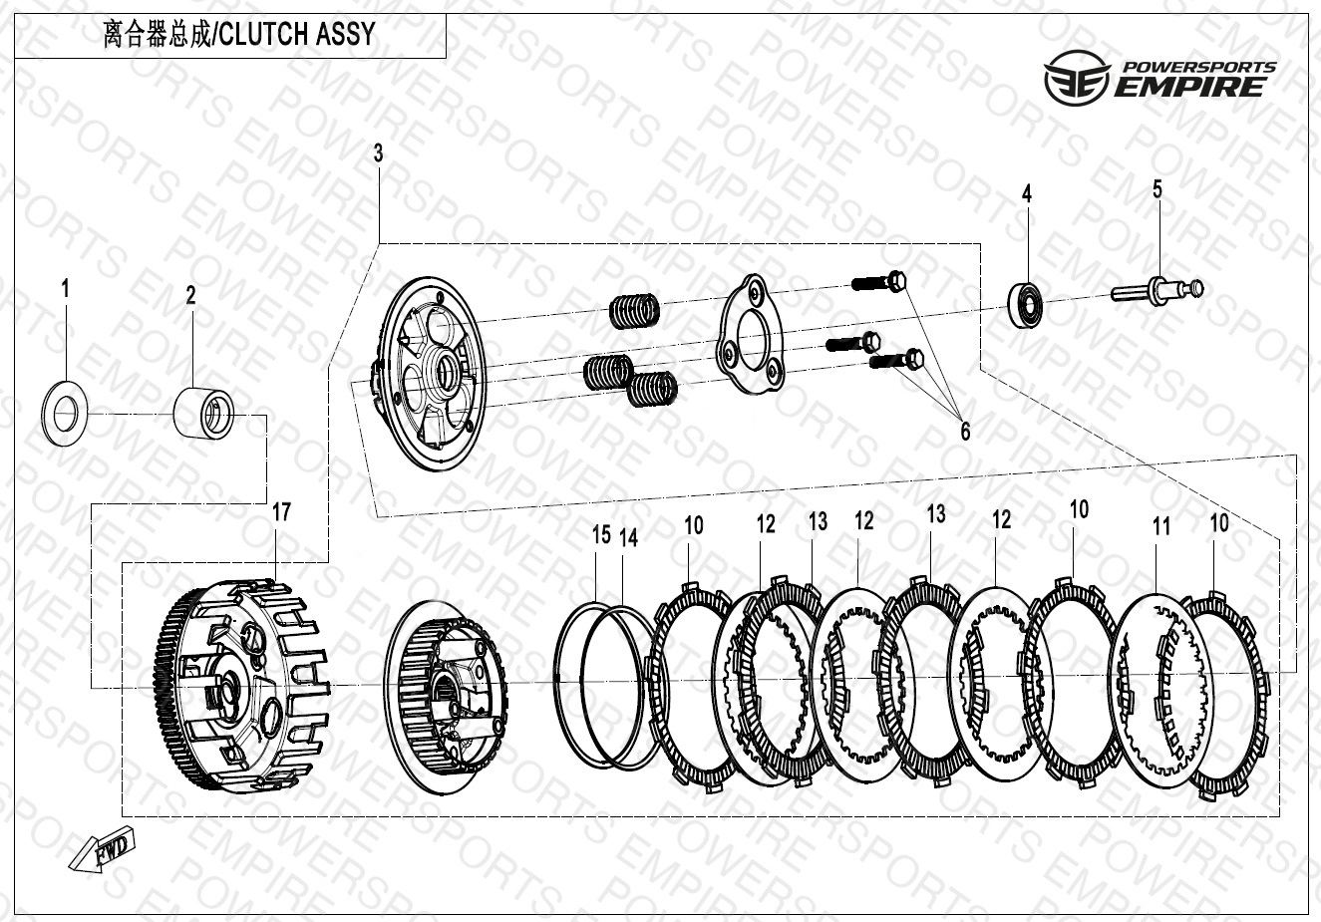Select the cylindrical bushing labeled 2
203,412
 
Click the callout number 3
378,154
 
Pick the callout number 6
965,431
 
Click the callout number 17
282,511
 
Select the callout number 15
601,534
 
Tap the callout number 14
629,537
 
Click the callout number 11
1161,526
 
